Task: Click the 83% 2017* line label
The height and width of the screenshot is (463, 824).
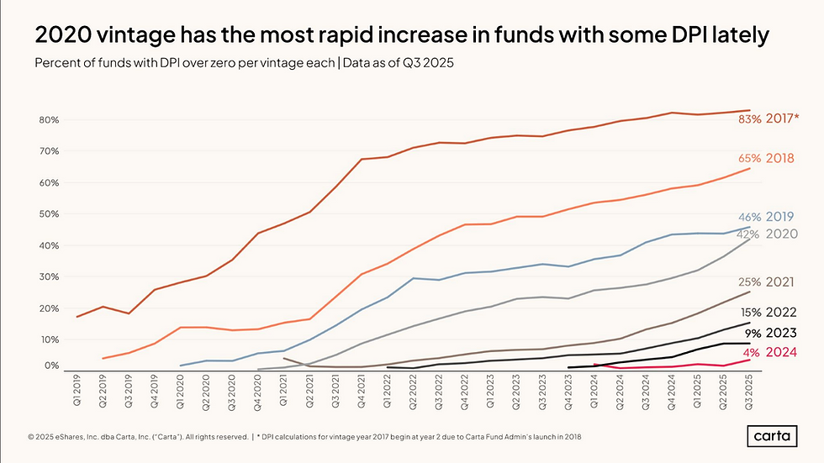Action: tap(769, 118)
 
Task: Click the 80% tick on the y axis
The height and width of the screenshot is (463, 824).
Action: tap(47, 120)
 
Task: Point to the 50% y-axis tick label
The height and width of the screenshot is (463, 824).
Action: tap(47, 214)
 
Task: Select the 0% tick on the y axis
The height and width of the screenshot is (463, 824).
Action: tap(50, 366)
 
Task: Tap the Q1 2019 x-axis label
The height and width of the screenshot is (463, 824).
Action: tap(77, 391)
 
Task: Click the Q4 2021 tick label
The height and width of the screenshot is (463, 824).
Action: tap(362, 391)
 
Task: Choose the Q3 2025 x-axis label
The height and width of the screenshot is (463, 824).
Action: tap(749, 391)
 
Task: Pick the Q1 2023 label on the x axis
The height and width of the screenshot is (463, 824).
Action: tap(490, 391)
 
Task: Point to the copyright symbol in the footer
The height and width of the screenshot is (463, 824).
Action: tap(30, 437)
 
